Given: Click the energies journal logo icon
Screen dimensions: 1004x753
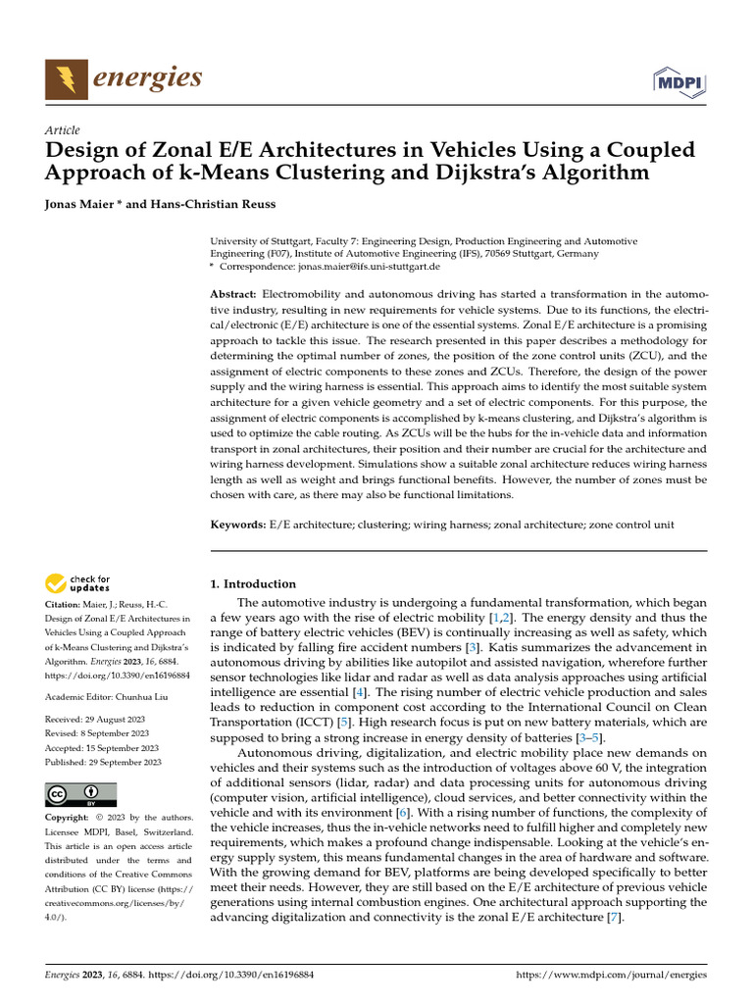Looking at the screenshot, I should (65, 77).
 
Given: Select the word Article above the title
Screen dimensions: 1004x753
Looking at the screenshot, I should (63, 130).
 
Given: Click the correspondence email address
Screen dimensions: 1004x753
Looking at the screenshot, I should (371, 267).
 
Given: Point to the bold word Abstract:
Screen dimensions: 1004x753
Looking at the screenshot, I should (233, 295).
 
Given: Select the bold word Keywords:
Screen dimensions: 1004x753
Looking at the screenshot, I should (238, 526).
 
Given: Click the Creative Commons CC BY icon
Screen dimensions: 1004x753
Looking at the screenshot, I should (80, 794).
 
